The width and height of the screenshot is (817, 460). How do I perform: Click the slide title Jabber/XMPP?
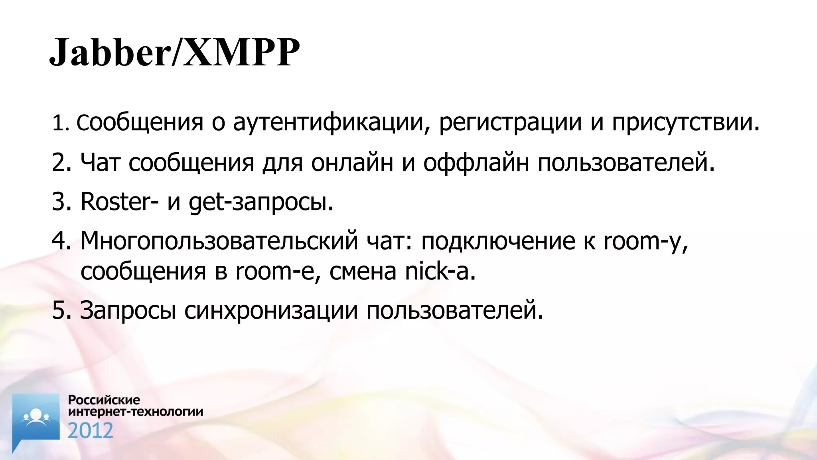(174, 52)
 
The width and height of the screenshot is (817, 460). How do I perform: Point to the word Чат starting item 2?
(100, 163)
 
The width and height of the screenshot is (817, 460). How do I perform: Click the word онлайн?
(352, 163)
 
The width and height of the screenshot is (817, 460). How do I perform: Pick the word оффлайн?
(476, 163)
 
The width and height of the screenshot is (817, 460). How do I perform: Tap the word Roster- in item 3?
(119, 202)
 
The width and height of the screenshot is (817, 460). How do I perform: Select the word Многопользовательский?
(219, 241)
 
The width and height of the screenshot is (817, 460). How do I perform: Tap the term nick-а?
(440, 272)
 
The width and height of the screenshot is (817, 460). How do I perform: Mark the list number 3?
(61, 202)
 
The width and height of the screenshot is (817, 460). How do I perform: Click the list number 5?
(61, 310)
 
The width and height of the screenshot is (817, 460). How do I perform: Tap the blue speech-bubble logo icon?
(36, 419)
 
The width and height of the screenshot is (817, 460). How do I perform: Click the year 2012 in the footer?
(90, 431)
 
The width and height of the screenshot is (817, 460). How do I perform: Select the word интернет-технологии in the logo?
(136, 411)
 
